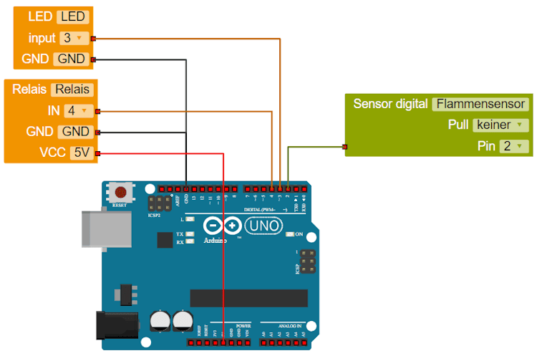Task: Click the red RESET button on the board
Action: coord(122,192)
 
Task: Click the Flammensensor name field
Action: coord(480,104)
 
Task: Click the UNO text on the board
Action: coord(264,226)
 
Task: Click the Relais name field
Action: coord(72,90)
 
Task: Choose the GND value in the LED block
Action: coord(71,59)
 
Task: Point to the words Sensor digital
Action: coord(390,104)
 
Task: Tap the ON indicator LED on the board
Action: coord(290,234)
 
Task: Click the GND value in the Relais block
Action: coord(75,132)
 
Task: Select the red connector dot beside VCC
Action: coord(98,153)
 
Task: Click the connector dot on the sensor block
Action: coord(345,148)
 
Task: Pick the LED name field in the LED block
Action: coord(72,16)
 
